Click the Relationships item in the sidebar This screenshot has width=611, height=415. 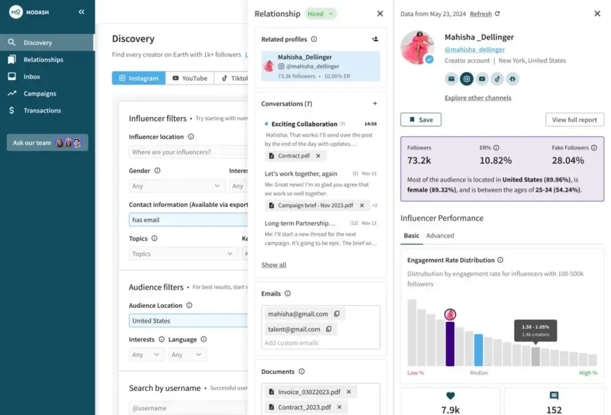click(43, 60)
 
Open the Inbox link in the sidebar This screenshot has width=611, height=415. click(32, 76)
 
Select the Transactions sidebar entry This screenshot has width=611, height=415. click(42, 110)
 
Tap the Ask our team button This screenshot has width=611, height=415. click(47, 143)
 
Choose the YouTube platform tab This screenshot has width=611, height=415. click(190, 78)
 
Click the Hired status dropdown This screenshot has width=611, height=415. click(321, 14)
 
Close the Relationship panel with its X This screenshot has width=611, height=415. click(380, 14)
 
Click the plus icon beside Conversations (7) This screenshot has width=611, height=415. click(375, 104)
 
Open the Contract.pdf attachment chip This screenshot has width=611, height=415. click(290, 156)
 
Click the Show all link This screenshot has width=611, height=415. click(274, 265)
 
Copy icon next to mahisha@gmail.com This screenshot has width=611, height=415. click(337, 314)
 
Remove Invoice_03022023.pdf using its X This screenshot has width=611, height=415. click(348, 392)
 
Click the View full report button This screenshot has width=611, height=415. click(574, 120)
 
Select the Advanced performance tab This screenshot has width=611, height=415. click(440, 236)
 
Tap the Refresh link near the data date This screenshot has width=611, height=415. click(481, 14)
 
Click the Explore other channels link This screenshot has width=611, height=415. click(477, 98)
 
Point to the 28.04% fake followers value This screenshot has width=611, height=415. click(568, 160)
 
